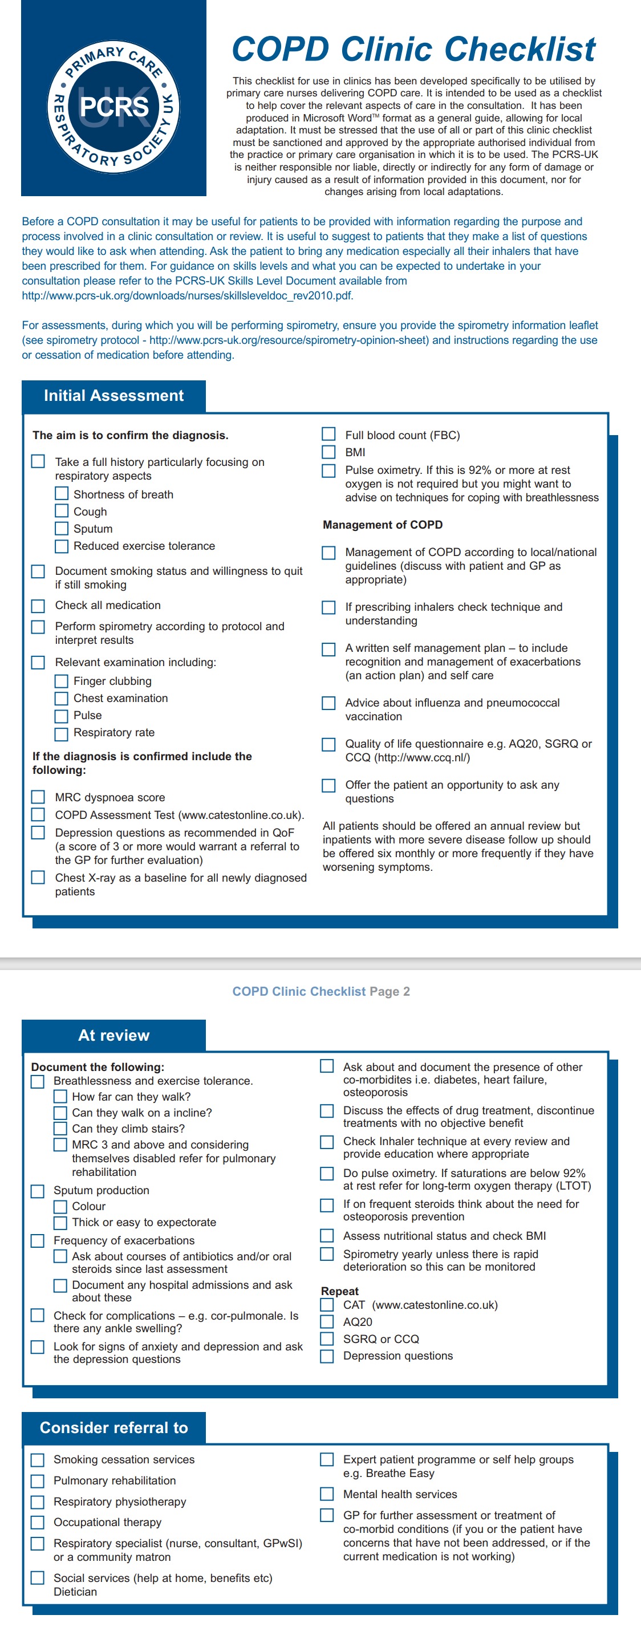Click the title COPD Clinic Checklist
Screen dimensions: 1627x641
tap(413, 49)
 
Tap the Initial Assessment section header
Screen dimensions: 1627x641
tap(113, 396)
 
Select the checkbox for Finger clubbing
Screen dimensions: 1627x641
tap(61, 681)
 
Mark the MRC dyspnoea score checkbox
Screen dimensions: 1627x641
tap(39, 797)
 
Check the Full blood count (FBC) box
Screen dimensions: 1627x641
tap(328, 434)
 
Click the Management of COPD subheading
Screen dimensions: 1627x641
tap(382, 525)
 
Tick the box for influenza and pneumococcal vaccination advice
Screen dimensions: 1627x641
tap(328, 703)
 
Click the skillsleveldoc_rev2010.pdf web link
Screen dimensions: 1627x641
tap(188, 295)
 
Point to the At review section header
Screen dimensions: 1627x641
tap(113, 1035)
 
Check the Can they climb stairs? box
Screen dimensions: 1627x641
tap(60, 1128)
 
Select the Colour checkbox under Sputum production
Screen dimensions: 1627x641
tap(60, 1206)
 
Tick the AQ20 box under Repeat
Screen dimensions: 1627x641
tap(327, 1321)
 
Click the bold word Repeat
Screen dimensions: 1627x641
tap(340, 1291)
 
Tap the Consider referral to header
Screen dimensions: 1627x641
tap(113, 1427)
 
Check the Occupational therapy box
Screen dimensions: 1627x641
tap(38, 1522)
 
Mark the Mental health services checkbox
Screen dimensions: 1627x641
tap(327, 1494)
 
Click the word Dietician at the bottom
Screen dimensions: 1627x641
tap(75, 1592)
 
